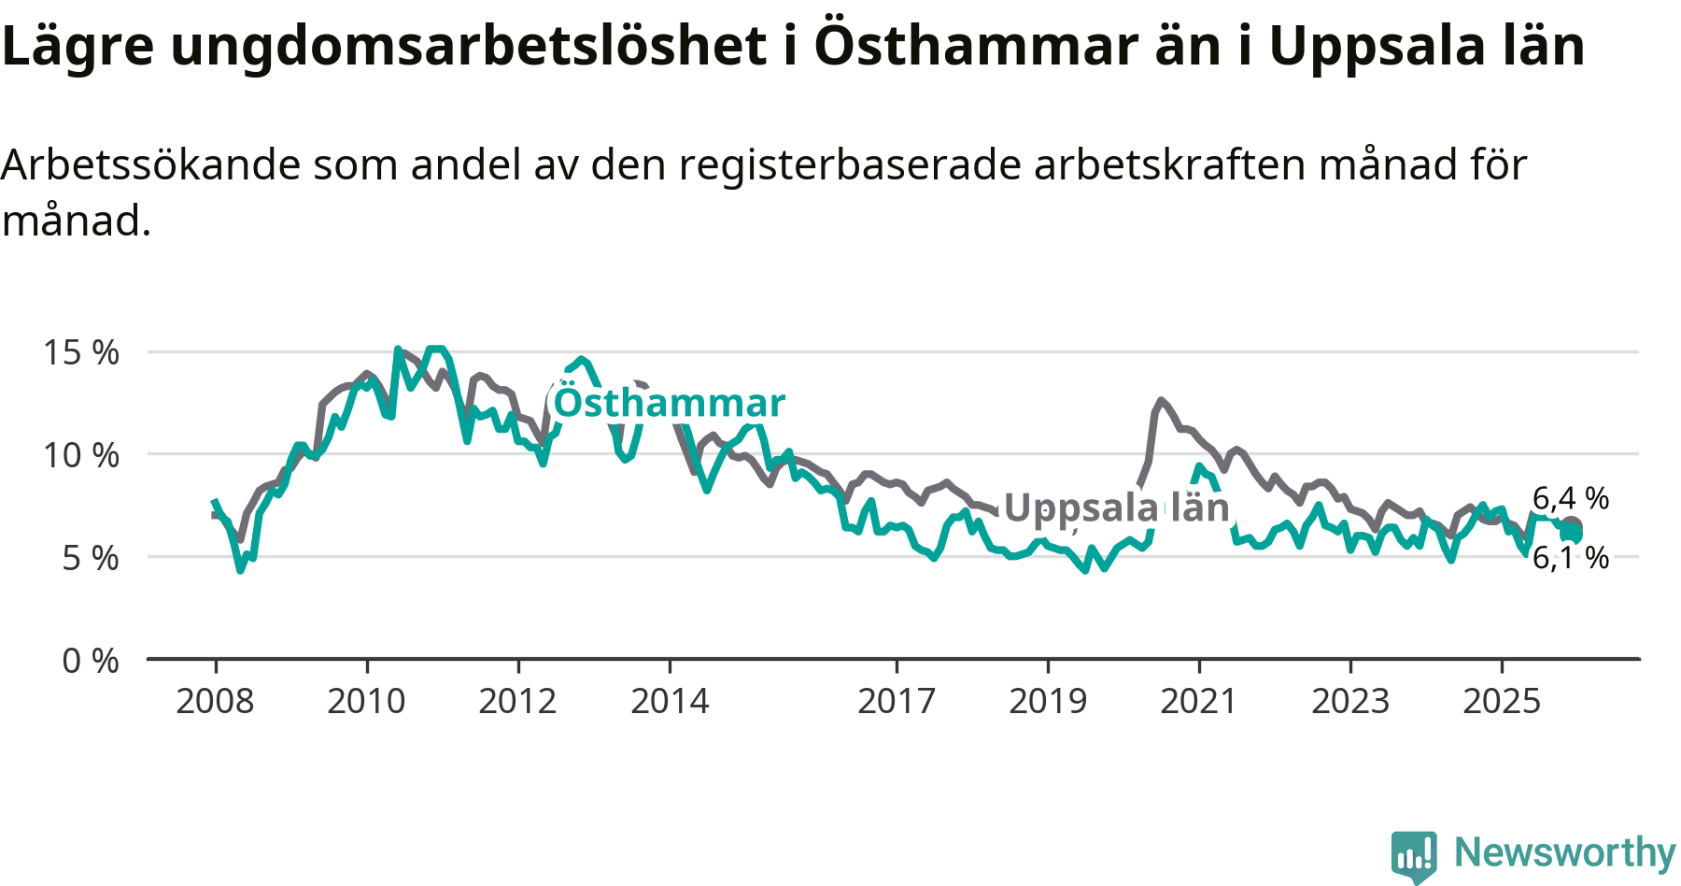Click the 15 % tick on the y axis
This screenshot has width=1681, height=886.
click(x=81, y=352)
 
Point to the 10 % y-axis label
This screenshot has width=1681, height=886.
click(x=81, y=455)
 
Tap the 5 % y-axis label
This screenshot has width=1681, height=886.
click(x=91, y=558)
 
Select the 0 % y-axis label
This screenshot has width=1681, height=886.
click(x=91, y=661)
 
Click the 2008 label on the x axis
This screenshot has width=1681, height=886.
click(x=215, y=701)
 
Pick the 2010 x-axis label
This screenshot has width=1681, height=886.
click(x=366, y=701)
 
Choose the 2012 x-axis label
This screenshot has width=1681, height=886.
click(x=517, y=701)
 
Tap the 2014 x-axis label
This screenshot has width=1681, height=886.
click(x=670, y=701)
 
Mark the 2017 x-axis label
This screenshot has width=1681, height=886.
click(x=897, y=701)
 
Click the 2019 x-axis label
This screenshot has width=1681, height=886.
click(x=1048, y=701)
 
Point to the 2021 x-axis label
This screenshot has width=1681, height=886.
click(x=1199, y=701)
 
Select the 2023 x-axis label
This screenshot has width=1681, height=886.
click(x=1350, y=701)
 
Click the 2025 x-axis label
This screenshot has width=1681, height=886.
click(x=1502, y=701)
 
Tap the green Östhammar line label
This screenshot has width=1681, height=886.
click(x=670, y=403)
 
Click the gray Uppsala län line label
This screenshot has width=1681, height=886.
click(x=1117, y=507)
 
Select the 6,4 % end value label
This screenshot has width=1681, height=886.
click(x=1571, y=498)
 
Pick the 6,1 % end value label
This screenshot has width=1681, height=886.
click(x=1571, y=558)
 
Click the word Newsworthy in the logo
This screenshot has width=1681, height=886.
click(x=1565, y=852)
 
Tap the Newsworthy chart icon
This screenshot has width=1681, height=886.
click(x=1414, y=855)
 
